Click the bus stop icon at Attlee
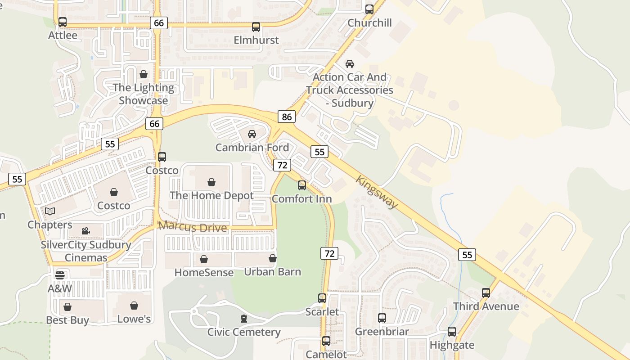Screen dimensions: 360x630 point(63,22)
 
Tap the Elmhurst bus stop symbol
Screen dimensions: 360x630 point(256,27)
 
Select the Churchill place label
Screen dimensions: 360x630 point(370,23)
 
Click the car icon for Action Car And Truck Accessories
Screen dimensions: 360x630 point(350,64)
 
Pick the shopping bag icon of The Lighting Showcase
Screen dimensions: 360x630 point(144,74)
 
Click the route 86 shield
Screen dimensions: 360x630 point(287,117)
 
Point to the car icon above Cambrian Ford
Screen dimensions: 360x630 point(252,134)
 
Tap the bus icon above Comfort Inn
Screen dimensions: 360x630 point(302,185)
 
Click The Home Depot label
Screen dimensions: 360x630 point(211,196)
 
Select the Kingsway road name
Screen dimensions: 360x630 point(377,192)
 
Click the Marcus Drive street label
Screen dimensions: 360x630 point(193,227)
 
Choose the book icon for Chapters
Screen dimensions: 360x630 point(49,211)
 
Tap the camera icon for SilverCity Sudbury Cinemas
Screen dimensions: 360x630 point(85,231)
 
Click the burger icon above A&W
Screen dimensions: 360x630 point(60,275)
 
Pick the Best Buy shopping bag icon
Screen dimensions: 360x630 point(67,307)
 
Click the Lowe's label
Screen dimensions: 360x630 point(134,319)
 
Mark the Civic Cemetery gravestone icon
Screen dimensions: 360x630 point(244,319)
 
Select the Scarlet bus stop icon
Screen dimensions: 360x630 point(322,298)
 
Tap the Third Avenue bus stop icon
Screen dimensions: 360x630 point(486,293)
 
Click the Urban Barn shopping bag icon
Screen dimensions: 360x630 point(272,258)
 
